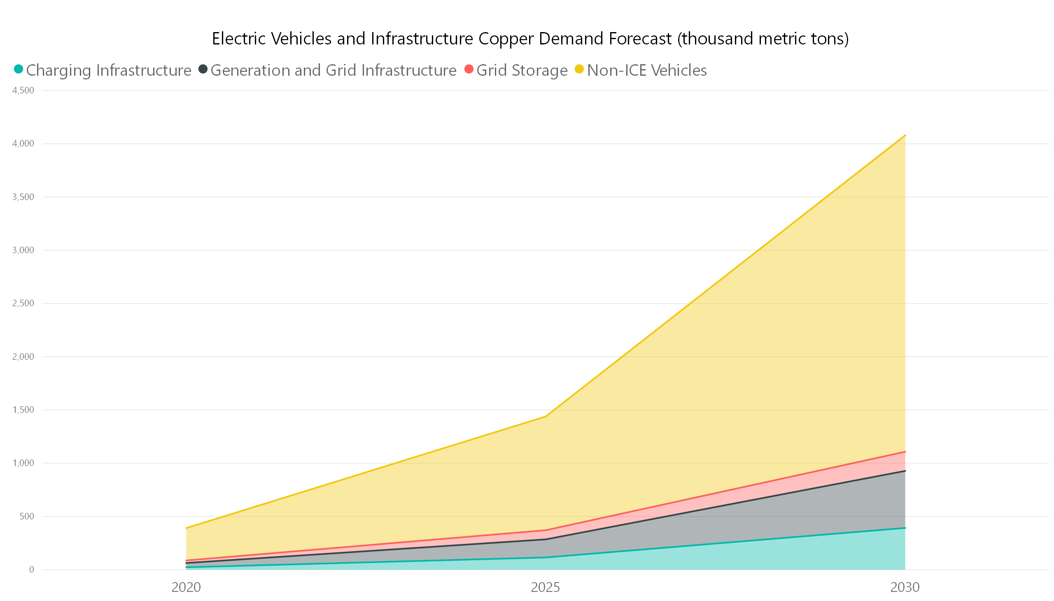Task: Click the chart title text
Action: point(530,39)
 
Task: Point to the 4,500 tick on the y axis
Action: point(23,91)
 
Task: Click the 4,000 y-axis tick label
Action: point(23,144)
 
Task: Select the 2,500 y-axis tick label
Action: point(23,303)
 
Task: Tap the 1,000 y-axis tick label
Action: point(23,463)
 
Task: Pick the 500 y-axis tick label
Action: point(26,516)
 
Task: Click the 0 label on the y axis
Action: point(31,570)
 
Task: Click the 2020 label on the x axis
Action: point(186,587)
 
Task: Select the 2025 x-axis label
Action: point(546,587)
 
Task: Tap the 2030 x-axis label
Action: point(905,587)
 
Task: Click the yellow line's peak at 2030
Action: point(905,135)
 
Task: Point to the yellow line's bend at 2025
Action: point(546,417)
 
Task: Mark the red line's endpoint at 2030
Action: point(905,452)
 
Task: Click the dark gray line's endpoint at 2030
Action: point(905,471)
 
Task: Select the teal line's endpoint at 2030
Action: point(905,528)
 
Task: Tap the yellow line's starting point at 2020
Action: point(186,528)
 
